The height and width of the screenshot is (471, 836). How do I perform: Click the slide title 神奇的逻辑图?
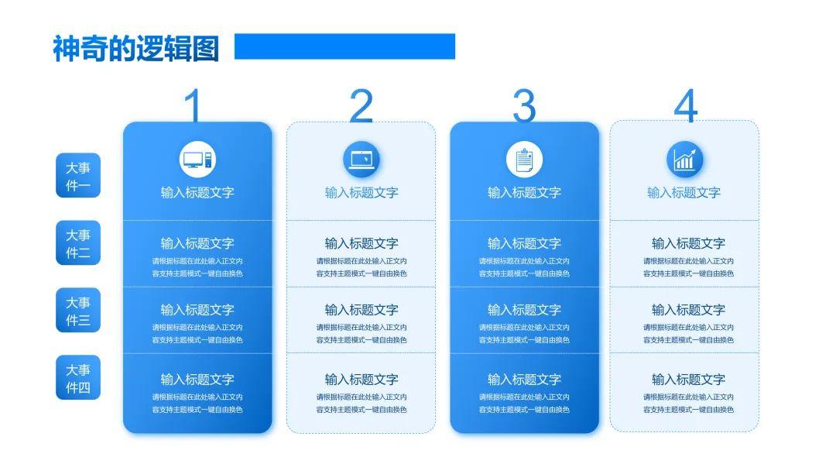tap(136, 48)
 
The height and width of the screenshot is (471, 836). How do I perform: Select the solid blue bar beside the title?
tap(344, 46)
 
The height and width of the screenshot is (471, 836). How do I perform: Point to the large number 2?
tap(361, 106)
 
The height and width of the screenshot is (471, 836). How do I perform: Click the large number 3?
tap(524, 106)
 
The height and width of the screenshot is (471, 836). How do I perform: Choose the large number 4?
tap(685, 106)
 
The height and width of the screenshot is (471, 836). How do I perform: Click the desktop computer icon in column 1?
tap(197, 160)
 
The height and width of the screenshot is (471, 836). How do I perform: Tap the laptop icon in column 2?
tap(361, 160)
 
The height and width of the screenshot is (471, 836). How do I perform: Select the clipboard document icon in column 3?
tap(524, 160)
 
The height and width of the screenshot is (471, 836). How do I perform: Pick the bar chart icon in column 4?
tap(685, 160)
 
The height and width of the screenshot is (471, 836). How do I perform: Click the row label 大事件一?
tap(78, 176)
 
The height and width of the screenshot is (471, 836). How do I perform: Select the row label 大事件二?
tap(78, 243)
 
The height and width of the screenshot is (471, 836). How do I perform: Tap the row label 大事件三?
tap(78, 311)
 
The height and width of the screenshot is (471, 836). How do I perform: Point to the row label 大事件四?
tap(78, 378)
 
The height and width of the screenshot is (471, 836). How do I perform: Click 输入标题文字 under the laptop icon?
tap(361, 193)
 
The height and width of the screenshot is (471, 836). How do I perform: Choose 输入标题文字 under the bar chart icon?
tap(684, 193)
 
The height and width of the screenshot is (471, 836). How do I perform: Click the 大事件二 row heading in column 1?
tap(197, 243)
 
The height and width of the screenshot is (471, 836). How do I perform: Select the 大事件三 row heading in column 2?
tap(361, 310)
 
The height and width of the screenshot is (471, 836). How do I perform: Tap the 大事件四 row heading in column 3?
tap(524, 380)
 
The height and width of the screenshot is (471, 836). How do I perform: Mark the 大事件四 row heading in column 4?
tap(688, 380)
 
